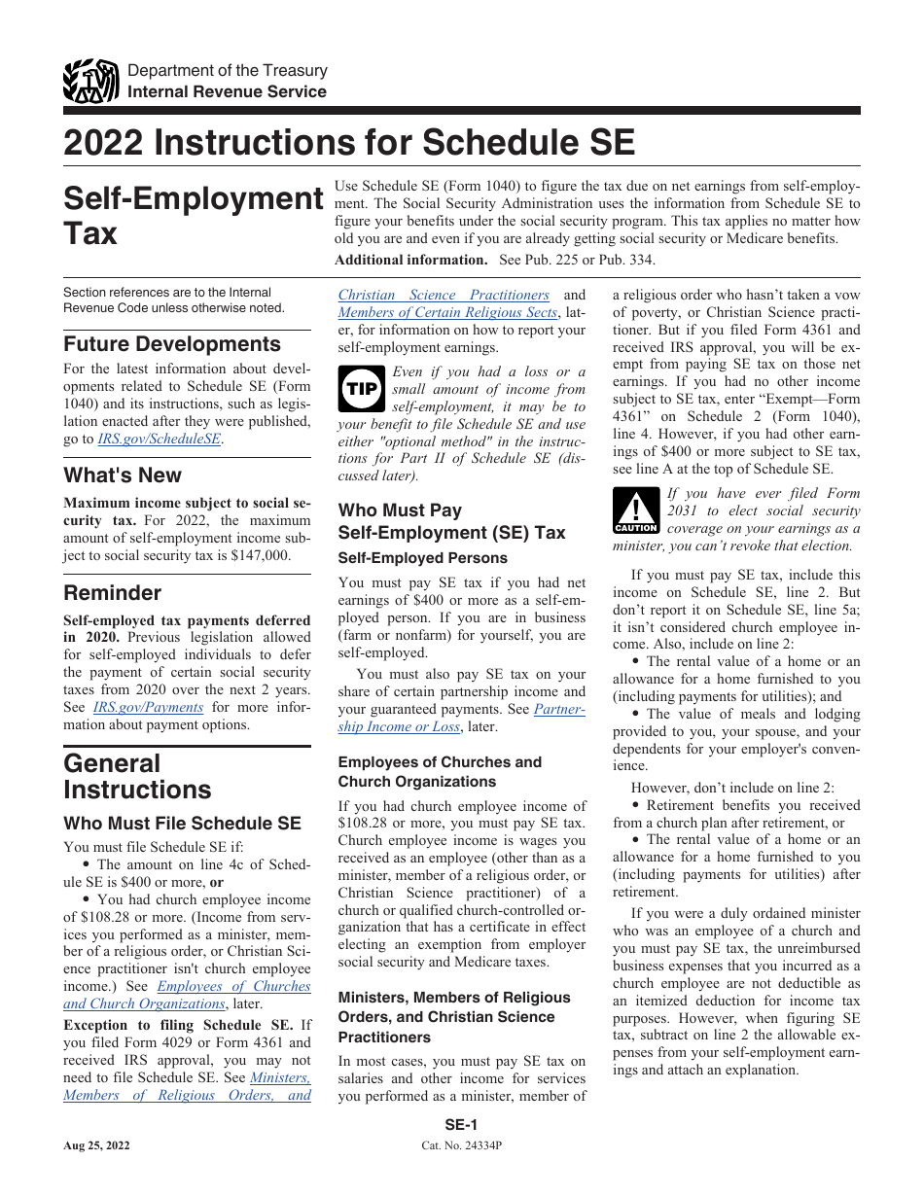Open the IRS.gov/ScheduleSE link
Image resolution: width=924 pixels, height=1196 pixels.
point(160,439)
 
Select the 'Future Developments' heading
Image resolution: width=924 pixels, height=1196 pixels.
point(172,344)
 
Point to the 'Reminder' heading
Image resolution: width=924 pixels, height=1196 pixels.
point(113,593)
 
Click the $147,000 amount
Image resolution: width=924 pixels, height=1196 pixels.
point(260,555)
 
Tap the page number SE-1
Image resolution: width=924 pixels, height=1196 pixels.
point(461,1125)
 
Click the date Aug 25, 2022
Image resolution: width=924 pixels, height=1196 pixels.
point(97,1146)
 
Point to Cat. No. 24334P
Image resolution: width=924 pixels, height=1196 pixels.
point(461,1146)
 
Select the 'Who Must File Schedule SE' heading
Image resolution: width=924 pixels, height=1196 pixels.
point(182,824)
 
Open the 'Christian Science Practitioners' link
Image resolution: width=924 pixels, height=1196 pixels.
point(444,295)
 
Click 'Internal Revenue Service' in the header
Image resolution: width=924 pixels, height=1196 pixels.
point(228,91)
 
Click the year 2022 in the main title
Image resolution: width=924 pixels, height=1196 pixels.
point(102,144)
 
